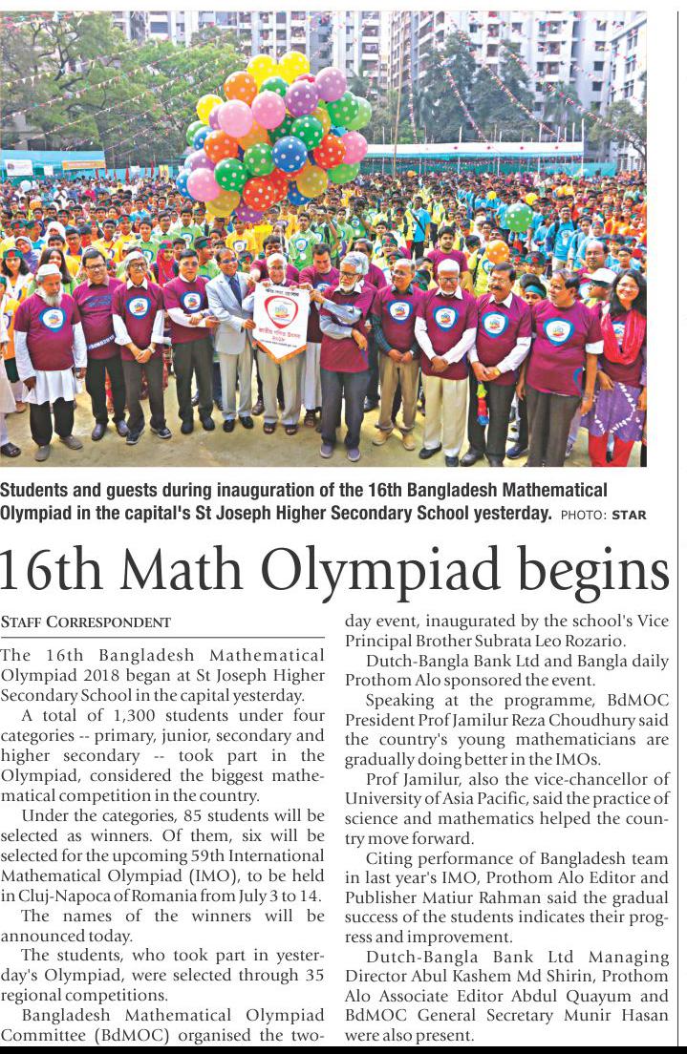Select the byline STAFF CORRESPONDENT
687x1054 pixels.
[86, 622]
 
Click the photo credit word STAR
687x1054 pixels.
[629, 516]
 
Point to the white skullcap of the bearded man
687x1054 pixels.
[48, 270]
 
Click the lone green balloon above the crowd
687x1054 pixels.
[519, 217]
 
